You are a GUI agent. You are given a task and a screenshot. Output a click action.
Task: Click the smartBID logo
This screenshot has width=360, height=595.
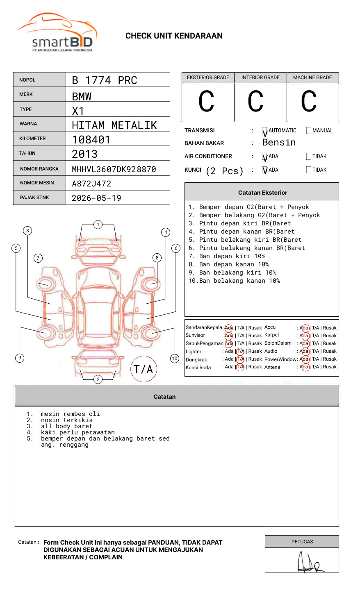[x=58, y=33]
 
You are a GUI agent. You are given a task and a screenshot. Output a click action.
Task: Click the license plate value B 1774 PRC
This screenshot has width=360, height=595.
[x=105, y=80]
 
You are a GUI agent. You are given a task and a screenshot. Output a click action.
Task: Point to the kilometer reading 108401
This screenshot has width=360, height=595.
[x=91, y=140]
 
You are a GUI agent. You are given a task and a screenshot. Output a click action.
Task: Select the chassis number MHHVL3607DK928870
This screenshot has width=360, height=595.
[x=114, y=169]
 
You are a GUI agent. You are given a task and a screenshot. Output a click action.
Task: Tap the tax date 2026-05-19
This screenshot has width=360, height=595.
[x=96, y=198]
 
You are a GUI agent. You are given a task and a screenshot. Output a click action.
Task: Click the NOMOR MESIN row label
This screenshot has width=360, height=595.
[x=37, y=183]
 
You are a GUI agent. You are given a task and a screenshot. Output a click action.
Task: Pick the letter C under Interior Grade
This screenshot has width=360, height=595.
[x=255, y=102]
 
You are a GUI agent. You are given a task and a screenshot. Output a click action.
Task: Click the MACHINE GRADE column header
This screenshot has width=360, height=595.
[x=312, y=77]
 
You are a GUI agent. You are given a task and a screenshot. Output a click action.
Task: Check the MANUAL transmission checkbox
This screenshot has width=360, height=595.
[x=309, y=131]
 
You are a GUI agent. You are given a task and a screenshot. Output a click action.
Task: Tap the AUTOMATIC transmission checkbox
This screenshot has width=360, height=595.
[x=265, y=131]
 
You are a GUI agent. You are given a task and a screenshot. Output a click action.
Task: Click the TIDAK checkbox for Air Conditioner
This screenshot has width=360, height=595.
[x=309, y=157]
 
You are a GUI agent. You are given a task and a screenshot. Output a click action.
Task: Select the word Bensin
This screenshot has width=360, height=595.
[x=279, y=143]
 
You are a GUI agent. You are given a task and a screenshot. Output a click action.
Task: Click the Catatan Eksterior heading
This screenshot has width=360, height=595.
[x=262, y=193]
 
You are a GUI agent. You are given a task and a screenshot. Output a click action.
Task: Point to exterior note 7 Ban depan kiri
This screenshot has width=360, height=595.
[x=227, y=256]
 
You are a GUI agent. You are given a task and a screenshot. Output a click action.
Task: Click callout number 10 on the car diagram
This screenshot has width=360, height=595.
[x=175, y=359]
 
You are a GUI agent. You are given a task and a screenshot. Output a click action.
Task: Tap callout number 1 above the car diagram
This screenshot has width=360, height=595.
[x=98, y=225]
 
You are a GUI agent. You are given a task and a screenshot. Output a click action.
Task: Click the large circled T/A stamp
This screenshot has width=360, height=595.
[x=144, y=369]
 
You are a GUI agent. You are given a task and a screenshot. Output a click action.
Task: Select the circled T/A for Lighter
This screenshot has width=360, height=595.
[x=240, y=352]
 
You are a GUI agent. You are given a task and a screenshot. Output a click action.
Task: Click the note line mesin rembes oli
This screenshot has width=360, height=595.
[x=70, y=414]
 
